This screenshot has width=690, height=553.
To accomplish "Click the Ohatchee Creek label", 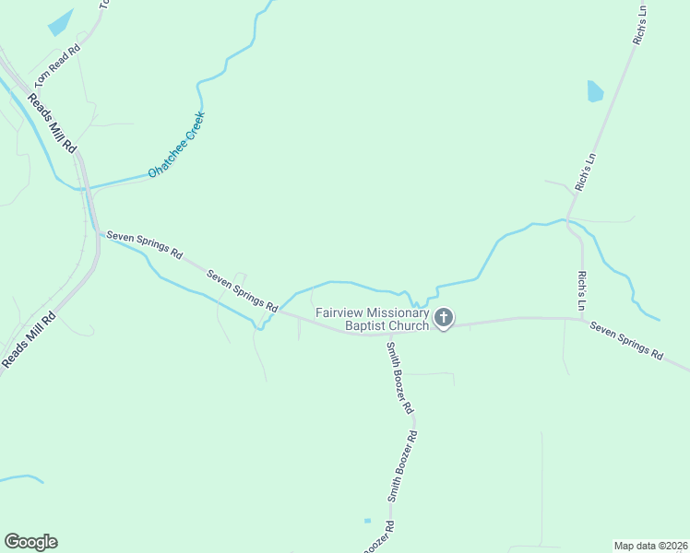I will click(x=176, y=146).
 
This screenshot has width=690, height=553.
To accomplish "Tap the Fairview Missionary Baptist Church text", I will click(x=373, y=319).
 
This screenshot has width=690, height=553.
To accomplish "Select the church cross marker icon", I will click(x=444, y=319).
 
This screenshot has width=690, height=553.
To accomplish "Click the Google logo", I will click(x=30, y=542).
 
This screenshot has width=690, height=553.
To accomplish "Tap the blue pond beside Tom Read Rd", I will click(x=60, y=22).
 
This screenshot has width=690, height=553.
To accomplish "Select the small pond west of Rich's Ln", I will click(x=595, y=90).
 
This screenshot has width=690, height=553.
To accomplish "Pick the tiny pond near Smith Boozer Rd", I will click(x=367, y=521).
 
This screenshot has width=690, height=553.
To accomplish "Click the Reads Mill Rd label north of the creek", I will click(x=52, y=123).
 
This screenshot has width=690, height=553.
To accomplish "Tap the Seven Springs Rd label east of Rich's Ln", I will click(x=626, y=340).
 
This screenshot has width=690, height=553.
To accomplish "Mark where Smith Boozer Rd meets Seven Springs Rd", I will click(x=384, y=334).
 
